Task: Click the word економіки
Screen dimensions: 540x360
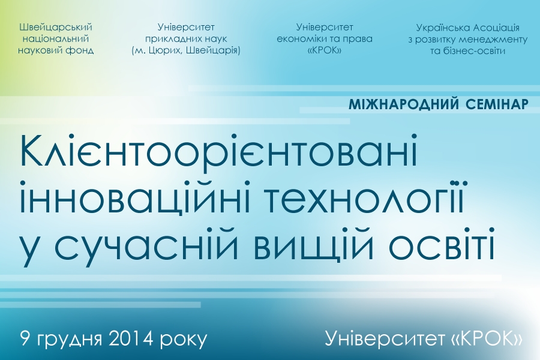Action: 299,38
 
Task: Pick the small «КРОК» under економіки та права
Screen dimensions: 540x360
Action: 325,50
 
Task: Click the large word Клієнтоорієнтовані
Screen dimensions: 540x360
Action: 219,152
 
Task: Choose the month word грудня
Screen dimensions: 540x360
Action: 69,340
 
